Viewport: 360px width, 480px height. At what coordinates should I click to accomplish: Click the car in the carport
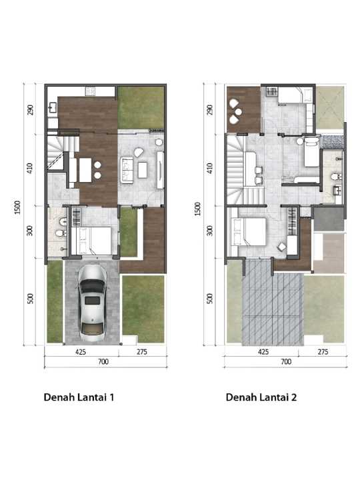pyautogui.click(x=92, y=303)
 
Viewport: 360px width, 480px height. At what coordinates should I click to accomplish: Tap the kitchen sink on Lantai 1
pyautogui.click(x=53, y=107)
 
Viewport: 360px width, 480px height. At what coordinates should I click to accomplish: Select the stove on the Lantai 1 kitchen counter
pyautogui.click(x=90, y=91)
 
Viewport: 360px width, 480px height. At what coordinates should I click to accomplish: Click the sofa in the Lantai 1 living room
pyautogui.click(x=127, y=170)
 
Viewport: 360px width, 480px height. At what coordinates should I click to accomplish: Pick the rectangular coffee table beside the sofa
pyautogui.click(x=143, y=170)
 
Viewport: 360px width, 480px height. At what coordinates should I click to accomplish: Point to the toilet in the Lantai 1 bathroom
pyautogui.click(x=61, y=233)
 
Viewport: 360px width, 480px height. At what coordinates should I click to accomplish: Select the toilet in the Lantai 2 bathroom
pyautogui.click(x=336, y=177)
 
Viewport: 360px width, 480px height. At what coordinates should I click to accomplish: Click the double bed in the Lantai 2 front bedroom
pyautogui.click(x=249, y=231)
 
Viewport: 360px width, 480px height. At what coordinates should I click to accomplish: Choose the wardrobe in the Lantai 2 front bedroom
pyautogui.click(x=293, y=221)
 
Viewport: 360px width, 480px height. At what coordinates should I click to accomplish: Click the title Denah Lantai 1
pyautogui.click(x=79, y=397)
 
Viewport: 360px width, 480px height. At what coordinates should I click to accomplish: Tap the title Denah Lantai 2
pyautogui.click(x=261, y=397)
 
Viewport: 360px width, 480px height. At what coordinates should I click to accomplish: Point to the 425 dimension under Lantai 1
pyautogui.click(x=81, y=352)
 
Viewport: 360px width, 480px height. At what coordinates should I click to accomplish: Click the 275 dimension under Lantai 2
pyautogui.click(x=323, y=352)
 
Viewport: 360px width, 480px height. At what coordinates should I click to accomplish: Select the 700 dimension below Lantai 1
pyautogui.click(x=103, y=361)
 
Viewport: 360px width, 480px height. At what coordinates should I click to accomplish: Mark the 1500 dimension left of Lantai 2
pyautogui.click(x=198, y=209)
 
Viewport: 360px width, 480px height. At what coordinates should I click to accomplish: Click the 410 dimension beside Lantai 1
pyautogui.click(x=30, y=169)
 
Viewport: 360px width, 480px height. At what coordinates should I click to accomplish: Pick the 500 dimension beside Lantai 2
pyautogui.click(x=210, y=299)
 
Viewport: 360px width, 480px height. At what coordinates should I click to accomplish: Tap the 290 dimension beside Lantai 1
pyautogui.click(x=30, y=110)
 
